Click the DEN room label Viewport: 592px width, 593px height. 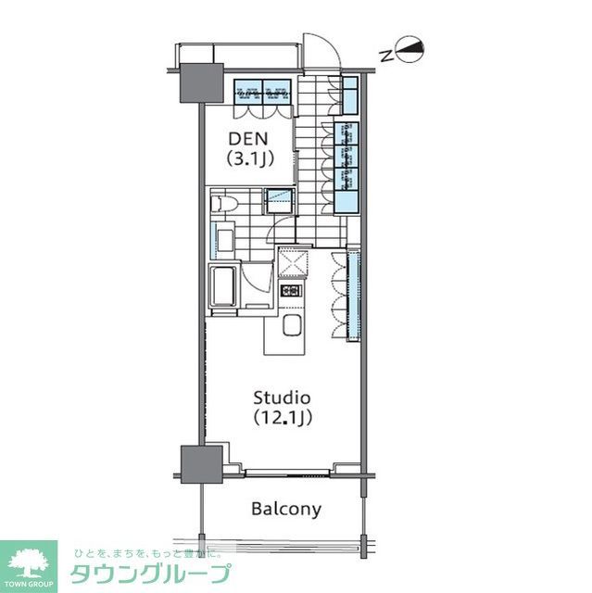[250, 140]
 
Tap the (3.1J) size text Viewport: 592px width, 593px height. [250, 159]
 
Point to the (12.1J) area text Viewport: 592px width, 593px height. [282, 418]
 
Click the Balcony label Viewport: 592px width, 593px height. [286, 509]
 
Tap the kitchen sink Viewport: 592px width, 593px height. [290, 327]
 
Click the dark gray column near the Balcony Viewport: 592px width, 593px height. [200, 464]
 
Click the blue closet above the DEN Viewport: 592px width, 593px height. [264, 91]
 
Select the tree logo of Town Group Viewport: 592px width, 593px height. [29, 560]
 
